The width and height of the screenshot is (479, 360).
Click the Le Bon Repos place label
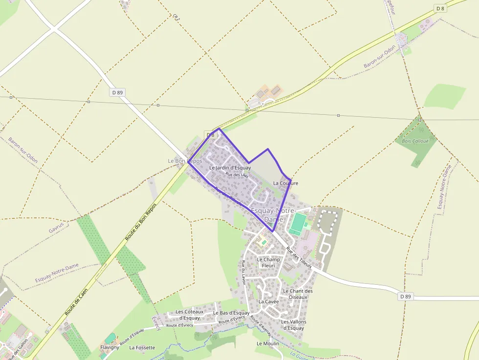(x=184, y=161)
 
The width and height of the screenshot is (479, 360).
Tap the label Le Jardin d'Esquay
(x=230, y=168)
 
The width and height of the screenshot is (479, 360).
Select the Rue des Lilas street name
(x=237, y=174)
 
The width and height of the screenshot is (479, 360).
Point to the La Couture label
(x=285, y=183)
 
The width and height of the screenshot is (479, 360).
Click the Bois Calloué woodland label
(x=415, y=141)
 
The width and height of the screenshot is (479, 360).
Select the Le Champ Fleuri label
(x=268, y=262)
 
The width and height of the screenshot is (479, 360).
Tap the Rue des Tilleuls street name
(x=299, y=258)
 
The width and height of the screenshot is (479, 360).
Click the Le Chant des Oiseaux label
(x=298, y=294)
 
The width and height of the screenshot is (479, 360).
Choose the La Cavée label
(x=268, y=301)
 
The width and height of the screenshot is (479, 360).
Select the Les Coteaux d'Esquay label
(x=187, y=315)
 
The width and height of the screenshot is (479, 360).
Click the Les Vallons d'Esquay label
(x=293, y=325)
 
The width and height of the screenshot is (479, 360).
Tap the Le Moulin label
(x=268, y=343)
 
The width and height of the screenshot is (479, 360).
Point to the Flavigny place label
(x=110, y=347)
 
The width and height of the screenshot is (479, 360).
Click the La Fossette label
(x=142, y=348)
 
